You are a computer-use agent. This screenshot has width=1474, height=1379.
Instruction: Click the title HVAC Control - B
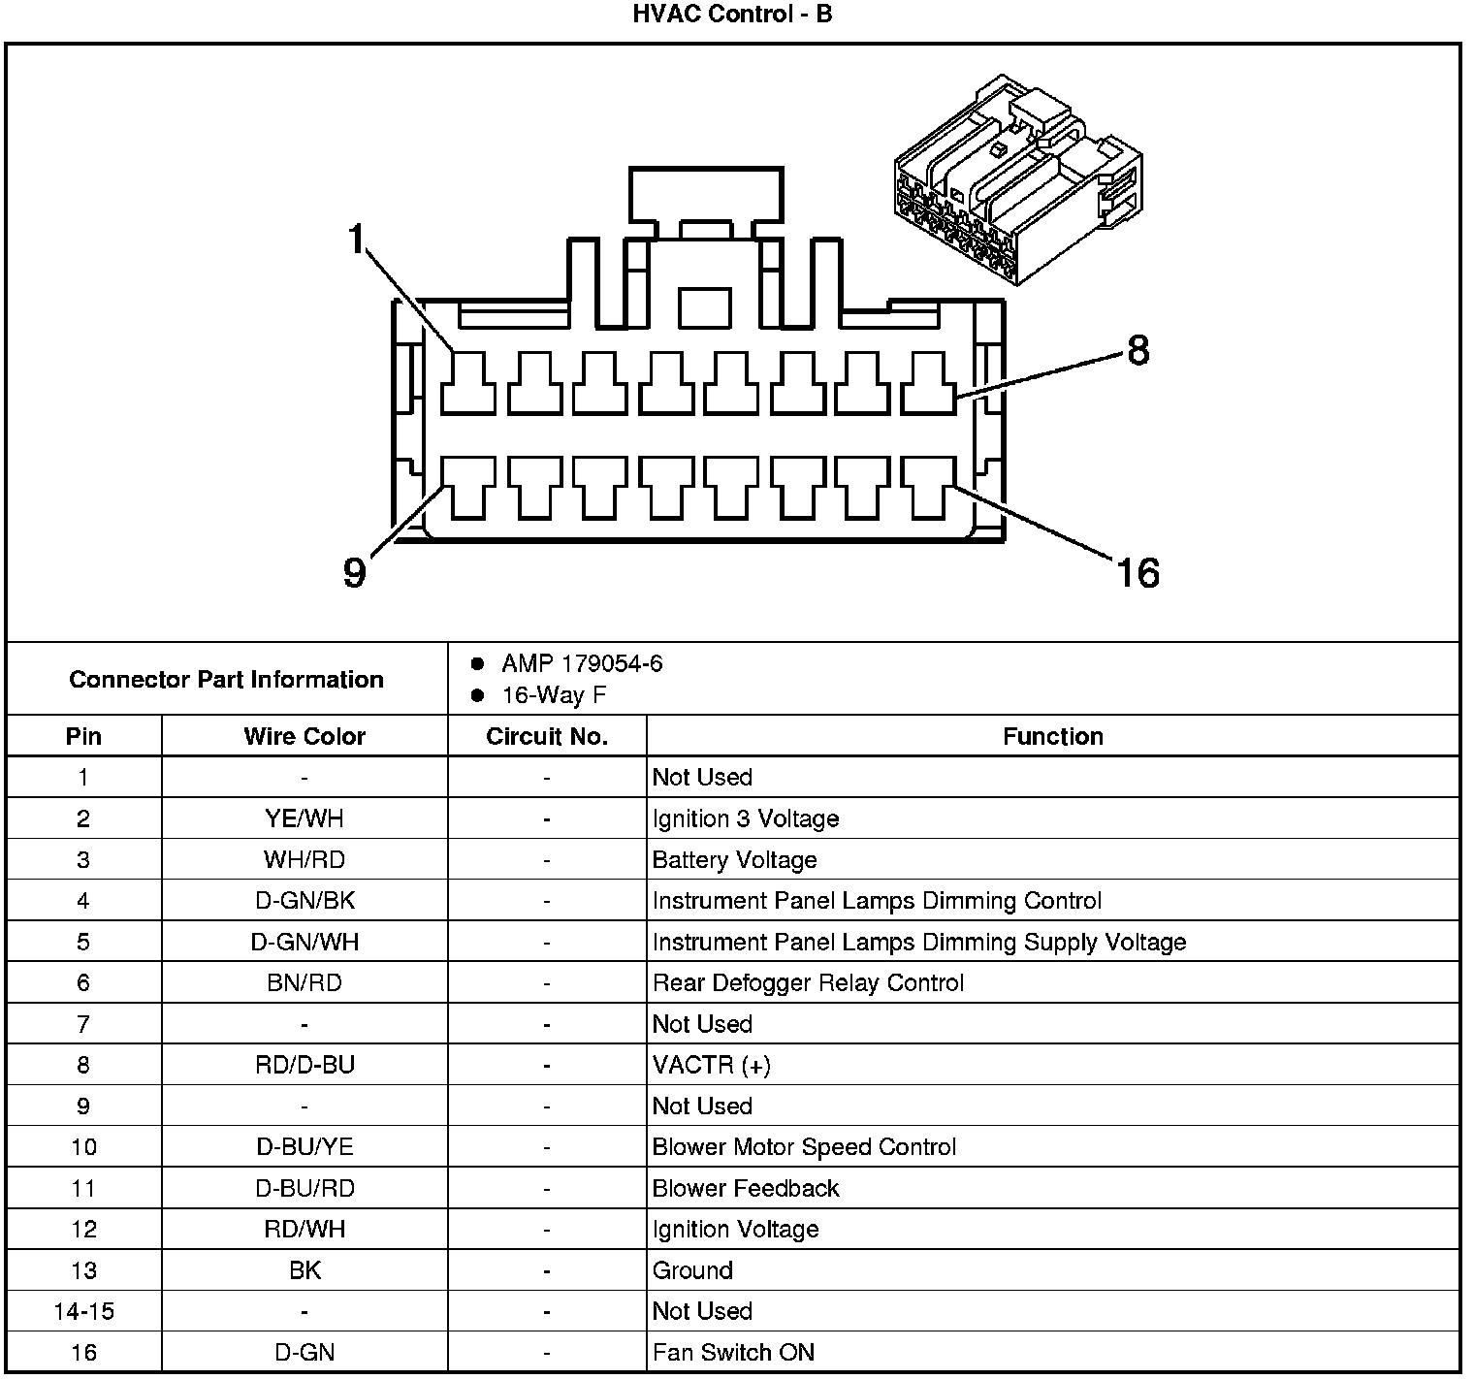[733, 15]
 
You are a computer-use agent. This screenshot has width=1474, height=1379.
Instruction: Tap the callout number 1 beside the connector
[358, 238]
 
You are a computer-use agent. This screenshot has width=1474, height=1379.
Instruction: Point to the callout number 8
[1138, 350]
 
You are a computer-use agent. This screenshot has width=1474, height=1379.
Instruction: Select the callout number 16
[1138, 573]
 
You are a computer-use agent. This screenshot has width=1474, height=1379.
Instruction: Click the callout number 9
[355, 573]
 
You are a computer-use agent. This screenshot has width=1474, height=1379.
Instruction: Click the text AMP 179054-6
[582, 664]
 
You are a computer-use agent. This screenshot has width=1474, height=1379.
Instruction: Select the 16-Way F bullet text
[554, 695]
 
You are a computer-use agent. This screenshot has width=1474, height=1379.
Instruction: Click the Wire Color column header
[304, 737]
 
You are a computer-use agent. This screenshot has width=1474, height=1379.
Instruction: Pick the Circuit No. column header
[547, 737]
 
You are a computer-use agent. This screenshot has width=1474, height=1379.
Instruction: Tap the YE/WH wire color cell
[304, 818]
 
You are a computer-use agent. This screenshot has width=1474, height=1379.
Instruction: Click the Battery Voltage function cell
[734, 860]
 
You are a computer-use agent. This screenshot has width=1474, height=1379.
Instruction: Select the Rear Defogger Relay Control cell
[808, 983]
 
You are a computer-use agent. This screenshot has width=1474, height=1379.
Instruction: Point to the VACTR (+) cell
[711, 1065]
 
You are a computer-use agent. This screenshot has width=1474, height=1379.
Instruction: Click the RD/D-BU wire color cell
[304, 1065]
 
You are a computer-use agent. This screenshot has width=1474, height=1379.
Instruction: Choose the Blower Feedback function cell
[745, 1188]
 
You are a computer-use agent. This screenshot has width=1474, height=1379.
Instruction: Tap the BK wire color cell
[304, 1270]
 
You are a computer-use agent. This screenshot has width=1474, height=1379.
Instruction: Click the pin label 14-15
[83, 1311]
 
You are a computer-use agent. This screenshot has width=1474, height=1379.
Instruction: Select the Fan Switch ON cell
[733, 1352]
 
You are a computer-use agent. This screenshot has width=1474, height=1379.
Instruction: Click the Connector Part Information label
[226, 679]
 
